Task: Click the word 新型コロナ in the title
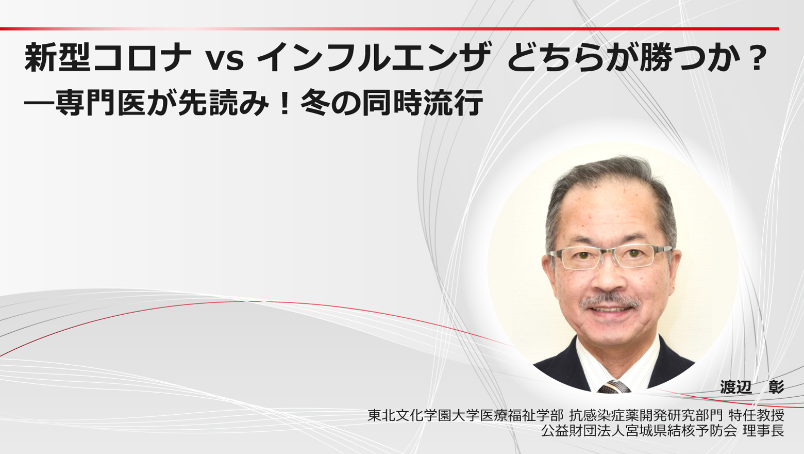[x=108, y=58]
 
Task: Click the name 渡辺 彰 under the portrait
[x=752, y=387]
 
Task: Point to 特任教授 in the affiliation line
[x=756, y=416]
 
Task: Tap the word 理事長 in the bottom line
[x=763, y=431]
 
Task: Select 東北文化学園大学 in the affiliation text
[x=424, y=416]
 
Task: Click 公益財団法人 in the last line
[x=583, y=431]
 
